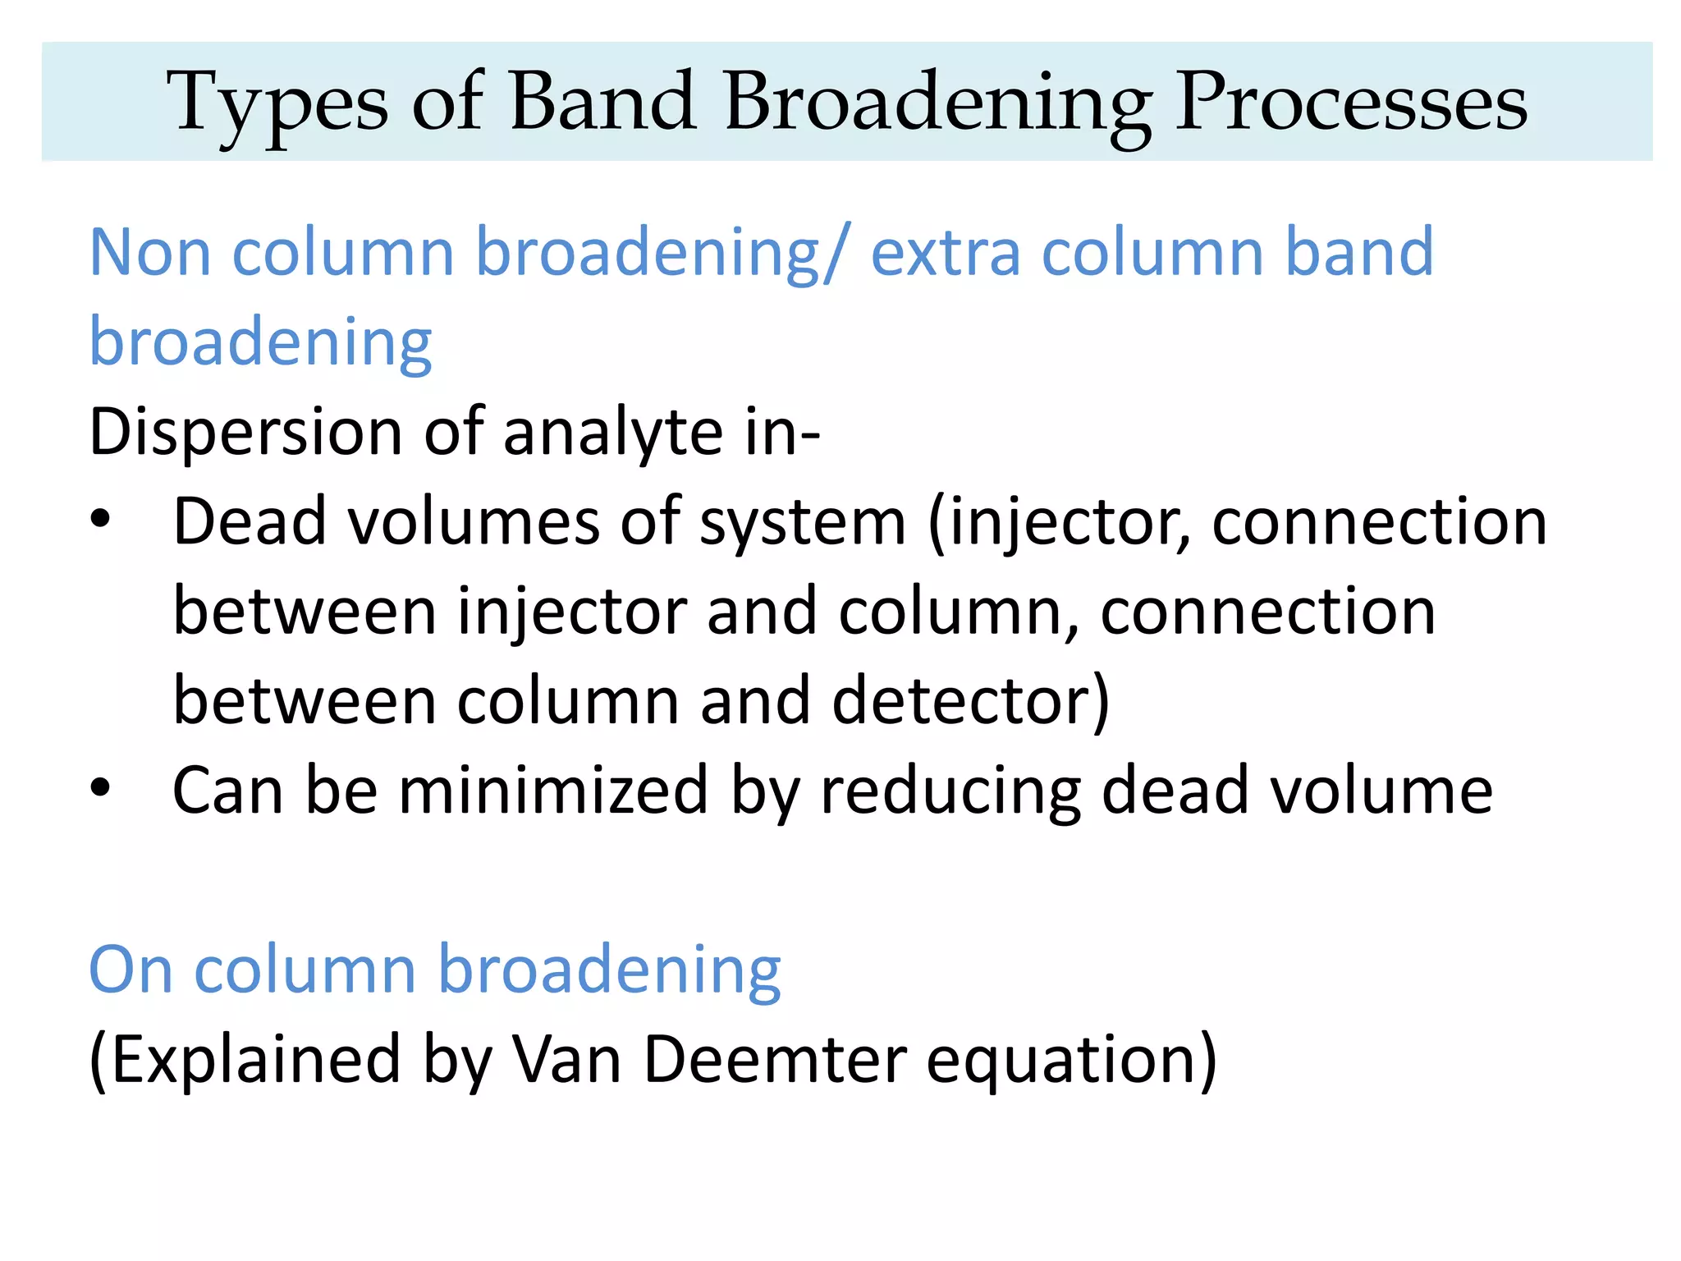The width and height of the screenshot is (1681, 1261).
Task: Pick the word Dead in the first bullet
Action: tap(250, 522)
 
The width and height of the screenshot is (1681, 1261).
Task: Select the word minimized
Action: tap(552, 790)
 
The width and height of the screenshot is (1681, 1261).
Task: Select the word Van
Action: tap(566, 1059)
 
